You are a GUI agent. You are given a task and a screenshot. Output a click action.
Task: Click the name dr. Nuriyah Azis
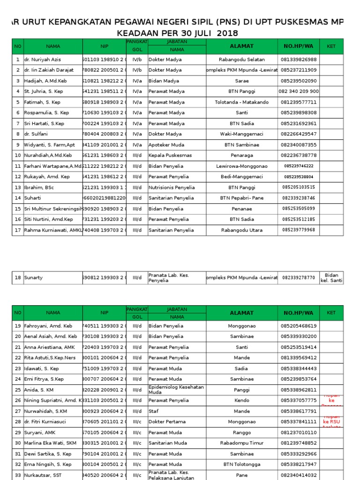(43, 60)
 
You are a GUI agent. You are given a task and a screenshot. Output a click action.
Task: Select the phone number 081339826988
(299, 60)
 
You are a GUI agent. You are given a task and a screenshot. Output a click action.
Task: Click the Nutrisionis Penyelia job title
(171, 187)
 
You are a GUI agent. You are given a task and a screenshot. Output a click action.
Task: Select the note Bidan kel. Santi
(332, 277)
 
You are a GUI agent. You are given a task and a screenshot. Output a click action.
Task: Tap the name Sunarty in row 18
(33, 277)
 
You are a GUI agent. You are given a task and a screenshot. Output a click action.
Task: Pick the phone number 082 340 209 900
(299, 91)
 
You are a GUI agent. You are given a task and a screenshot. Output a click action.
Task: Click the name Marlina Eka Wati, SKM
(50, 443)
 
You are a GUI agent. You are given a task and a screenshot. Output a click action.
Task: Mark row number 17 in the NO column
(18, 230)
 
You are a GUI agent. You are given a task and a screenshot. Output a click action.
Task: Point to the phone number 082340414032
(299, 475)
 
